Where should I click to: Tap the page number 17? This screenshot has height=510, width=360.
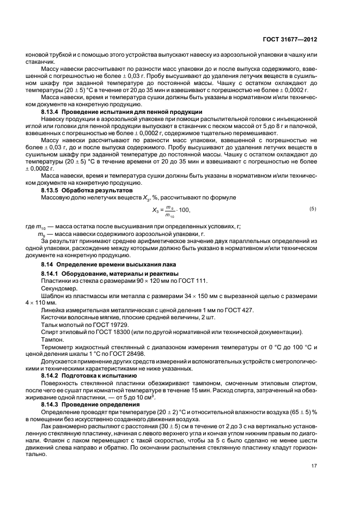pyautogui.click(x=314, y=481)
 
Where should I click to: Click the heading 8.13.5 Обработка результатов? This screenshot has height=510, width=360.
pyautogui.click(x=87, y=191)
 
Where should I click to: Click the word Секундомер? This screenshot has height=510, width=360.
pyautogui.click(x=56, y=291)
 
